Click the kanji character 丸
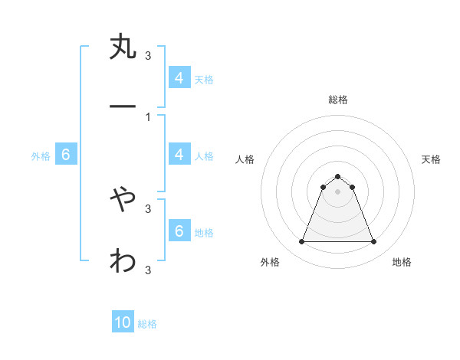[x=123, y=47]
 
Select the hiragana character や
[x=123, y=200]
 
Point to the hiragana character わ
[x=123, y=261]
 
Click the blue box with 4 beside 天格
[x=179, y=77]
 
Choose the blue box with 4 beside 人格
[x=179, y=155]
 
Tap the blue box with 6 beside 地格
[x=179, y=231]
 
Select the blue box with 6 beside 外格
[x=66, y=155]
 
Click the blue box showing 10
[x=123, y=322]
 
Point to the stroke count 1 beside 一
[x=148, y=116]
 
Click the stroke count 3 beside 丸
[x=148, y=55]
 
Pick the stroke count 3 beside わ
[x=148, y=270]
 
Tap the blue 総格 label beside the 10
[x=147, y=324]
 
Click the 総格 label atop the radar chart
[x=337, y=100]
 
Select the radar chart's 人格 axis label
[x=245, y=159]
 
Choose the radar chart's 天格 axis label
[x=431, y=159]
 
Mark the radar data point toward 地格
[x=374, y=242]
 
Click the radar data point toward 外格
[x=301, y=242]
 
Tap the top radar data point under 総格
[x=337, y=176]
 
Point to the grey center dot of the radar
[x=337, y=191]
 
